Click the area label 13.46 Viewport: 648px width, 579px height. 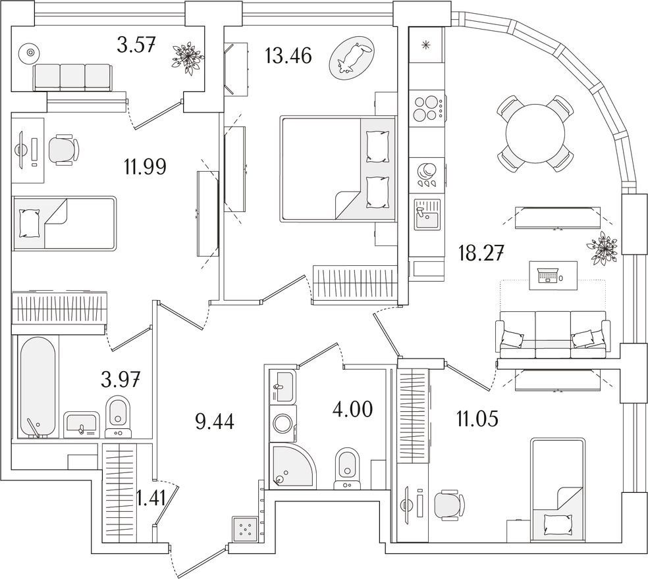[x=288, y=56]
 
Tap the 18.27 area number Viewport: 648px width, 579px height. [x=481, y=253]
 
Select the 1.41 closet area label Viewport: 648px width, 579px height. [x=151, y=498]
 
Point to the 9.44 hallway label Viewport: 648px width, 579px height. [x=215, y=422]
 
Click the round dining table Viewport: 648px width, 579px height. [x=535, y=134]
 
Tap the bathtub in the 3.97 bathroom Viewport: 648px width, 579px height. [x=37, y=387]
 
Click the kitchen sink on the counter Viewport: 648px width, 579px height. [x=427, y=214]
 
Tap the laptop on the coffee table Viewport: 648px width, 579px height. [x=548, y=274]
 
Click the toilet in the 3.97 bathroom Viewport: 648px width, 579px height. [x=118, y=416]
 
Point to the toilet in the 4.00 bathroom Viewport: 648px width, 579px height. [x=347, y=468]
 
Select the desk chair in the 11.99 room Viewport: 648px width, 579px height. [x=63, y=150]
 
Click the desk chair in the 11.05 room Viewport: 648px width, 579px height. [x=451, y=503]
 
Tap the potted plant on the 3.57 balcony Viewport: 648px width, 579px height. [x=188, y=58]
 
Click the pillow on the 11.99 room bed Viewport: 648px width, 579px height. [x=30, y=224]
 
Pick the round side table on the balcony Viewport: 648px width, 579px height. [x=30, y=53]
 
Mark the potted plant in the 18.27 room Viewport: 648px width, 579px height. [x=603, y=249]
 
